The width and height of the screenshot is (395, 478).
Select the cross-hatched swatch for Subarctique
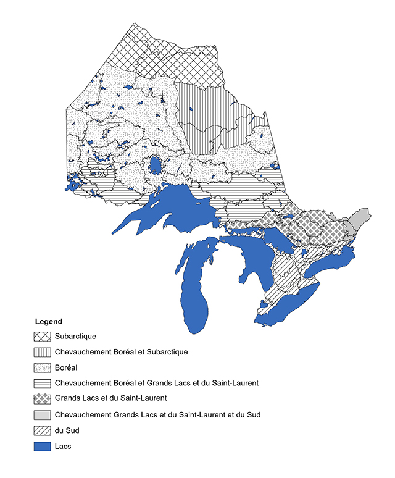point(42,337)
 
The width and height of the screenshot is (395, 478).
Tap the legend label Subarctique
point(75,337)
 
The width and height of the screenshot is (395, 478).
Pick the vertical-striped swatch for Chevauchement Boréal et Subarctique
point(42,352)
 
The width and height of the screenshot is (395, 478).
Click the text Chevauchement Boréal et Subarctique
point(121,352)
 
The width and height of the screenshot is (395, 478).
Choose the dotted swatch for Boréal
point(42,368)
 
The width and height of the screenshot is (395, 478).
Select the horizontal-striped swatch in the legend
point(42,384)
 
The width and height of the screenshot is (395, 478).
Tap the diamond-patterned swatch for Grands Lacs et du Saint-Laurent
point(42,399)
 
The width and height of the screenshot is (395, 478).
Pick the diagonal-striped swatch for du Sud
point(42,430)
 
